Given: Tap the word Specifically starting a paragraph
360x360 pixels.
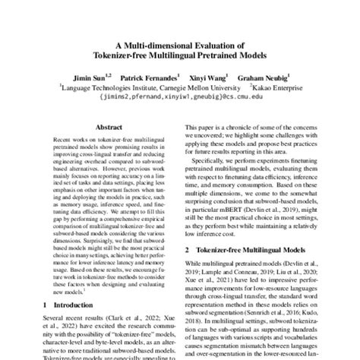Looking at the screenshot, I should tap(211, 162).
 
